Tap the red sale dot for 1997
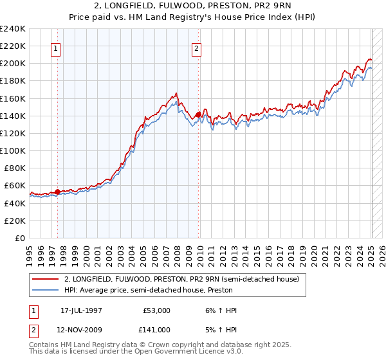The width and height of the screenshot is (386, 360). (x=58, y=192)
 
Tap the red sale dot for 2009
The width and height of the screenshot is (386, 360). (x=198, y=115)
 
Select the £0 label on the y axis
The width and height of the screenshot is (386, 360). (x=19, y=238)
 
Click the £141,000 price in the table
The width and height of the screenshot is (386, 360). (x=156, y=330)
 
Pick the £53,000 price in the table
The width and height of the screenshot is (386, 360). (x=156, y=310)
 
